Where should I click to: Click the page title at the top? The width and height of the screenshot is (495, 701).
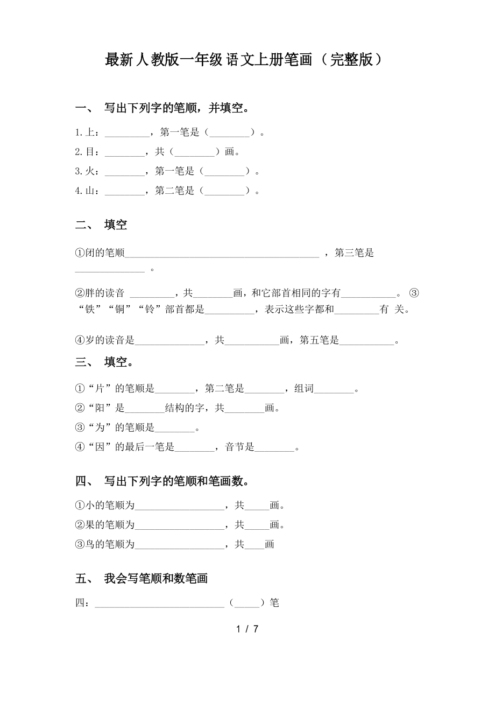click(245, 60)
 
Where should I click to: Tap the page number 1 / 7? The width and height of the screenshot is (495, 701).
click(247, 629)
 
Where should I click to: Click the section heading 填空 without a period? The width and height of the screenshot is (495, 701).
click(116, 225)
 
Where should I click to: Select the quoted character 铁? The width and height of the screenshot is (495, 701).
click(89, 310)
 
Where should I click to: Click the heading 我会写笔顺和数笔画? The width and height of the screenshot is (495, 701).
click(156, 579)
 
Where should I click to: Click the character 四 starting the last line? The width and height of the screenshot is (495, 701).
click(80, 604)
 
